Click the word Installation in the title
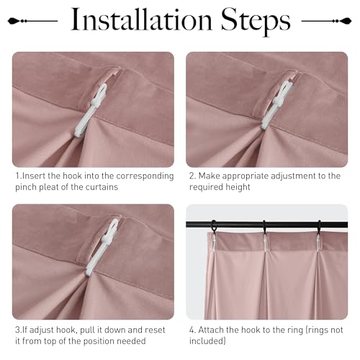tap(141, 19)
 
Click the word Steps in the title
tap(256, 22)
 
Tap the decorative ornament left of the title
tap(32, 21)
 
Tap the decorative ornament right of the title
tap(326, 21)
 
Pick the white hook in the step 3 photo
tap(102, 247)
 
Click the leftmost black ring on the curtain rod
tap(213, 226)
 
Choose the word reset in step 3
tap(153, 330)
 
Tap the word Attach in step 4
tap(211, 330)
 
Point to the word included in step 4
tap(206, 341)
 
